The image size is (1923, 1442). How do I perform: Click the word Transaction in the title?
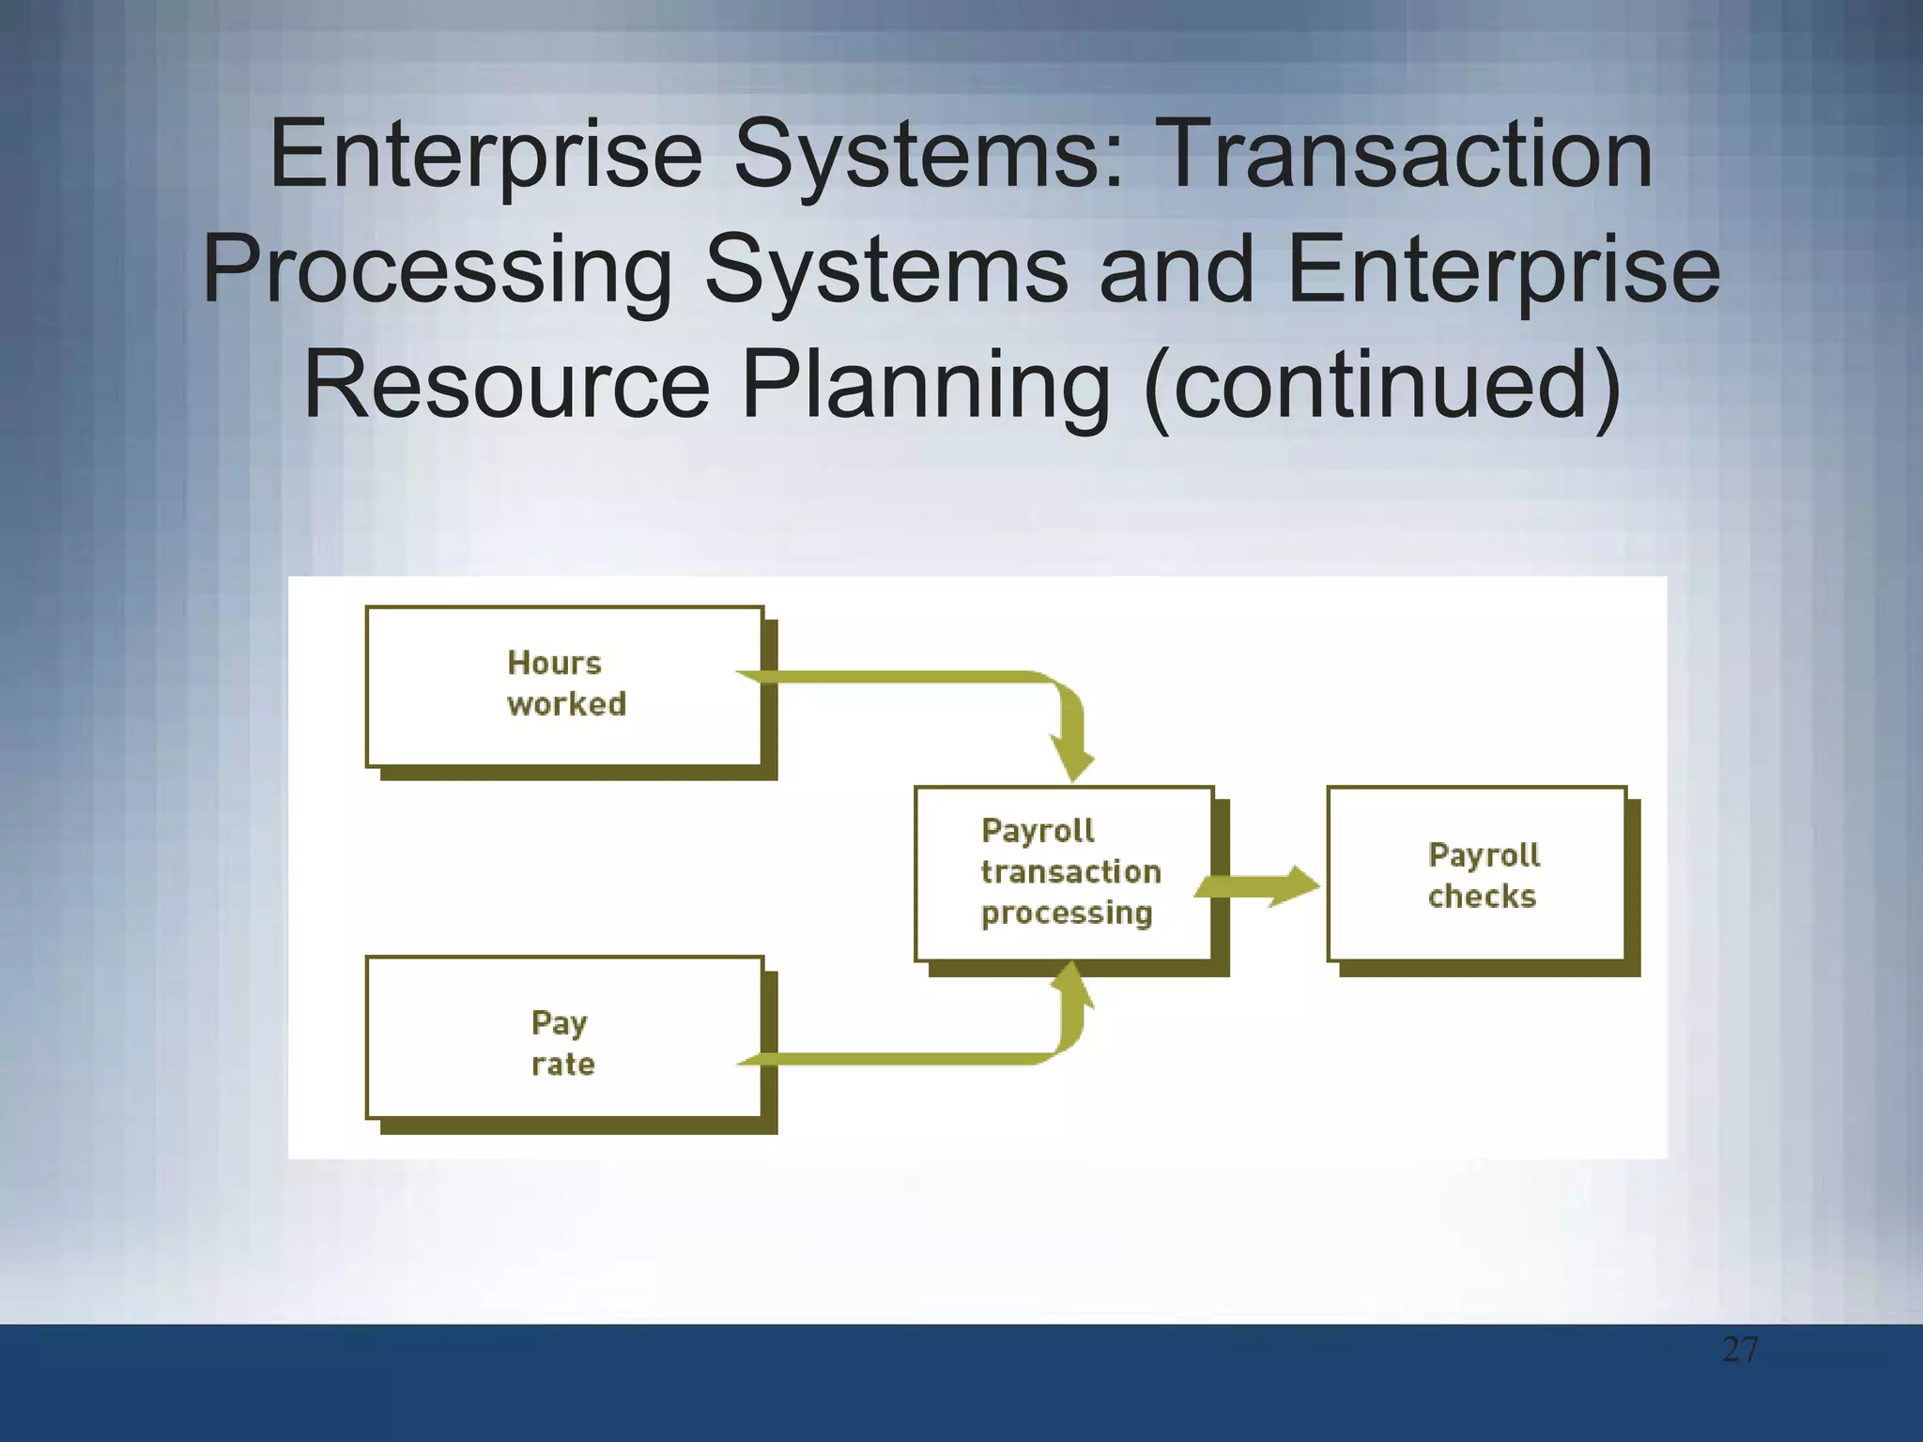(1407, 155)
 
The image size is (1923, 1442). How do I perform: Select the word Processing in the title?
(438, 272)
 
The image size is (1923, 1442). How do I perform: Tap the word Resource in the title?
(507, 386)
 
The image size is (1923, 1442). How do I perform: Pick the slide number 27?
(1740, 1350)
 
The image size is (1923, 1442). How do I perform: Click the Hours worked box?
(564, 686)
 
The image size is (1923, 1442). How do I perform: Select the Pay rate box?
(564, 1037)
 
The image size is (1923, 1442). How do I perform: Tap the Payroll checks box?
(1476, 874)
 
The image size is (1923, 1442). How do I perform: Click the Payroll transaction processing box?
(1064, 874)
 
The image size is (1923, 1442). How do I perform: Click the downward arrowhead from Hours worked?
(1072, 761)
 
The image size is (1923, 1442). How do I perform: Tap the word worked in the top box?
(567, 704)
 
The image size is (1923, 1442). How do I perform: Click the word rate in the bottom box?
(563, 1065)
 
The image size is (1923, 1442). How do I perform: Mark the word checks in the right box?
(1482, 897)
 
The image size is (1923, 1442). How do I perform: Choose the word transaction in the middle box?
(1070, 872)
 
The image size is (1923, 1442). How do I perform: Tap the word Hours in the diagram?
(554, 663)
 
